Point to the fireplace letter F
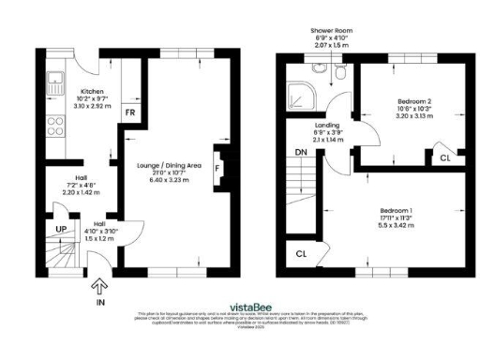click(217, 170)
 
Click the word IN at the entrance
click(100, 304)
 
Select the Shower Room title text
click(330, 31)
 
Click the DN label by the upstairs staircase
click(302, 152)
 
